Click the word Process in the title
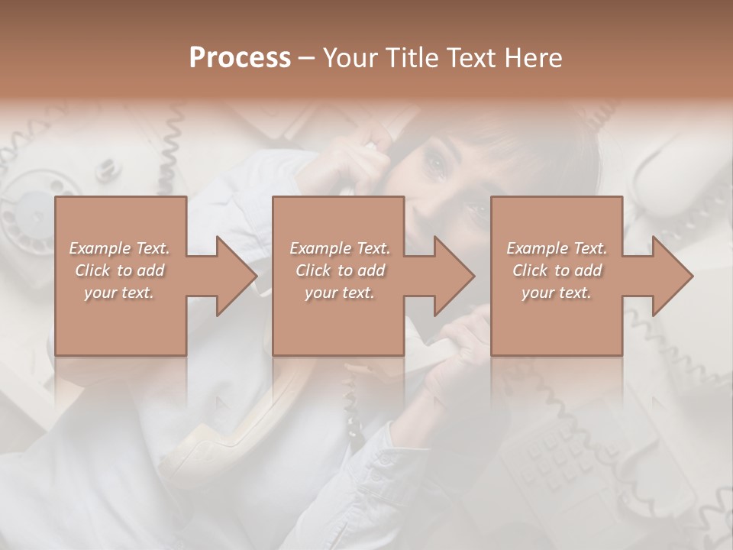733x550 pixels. (x=240, y=58)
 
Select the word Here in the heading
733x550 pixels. (x=532, y=58)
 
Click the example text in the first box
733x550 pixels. (x=120, y=270)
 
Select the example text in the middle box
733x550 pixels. (x=340, y=270)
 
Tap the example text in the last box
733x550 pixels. (x=557, y=270)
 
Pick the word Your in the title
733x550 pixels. (x=350, y=58)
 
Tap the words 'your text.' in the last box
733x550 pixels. (x=557, y=293)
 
